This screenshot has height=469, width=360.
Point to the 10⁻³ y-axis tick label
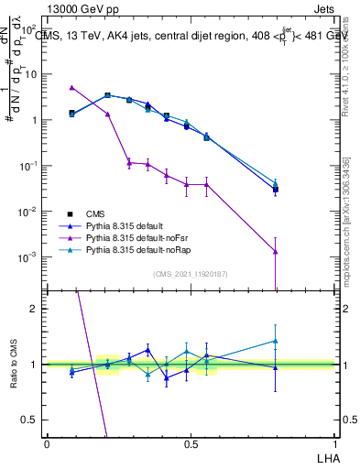coord(28,257)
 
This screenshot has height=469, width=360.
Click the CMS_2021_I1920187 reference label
coord(190,274)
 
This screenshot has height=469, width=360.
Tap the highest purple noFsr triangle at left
coord(72,88)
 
